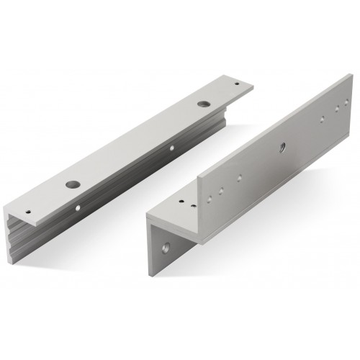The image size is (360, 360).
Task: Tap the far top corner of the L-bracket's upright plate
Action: coord(343,78)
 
